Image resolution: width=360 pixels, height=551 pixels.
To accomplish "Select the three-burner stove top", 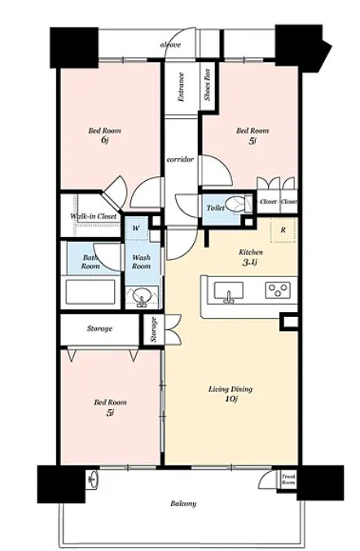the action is pyautogui.click(x=278, y=290).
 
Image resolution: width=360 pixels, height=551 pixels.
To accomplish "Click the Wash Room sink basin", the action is pyautogui.click(x=142, y=296).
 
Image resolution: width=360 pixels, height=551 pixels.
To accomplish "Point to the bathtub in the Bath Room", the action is pyautogui.click(x=90, y=292).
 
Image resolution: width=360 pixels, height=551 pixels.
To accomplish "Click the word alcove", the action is pyautogui.click(x=170, y=45).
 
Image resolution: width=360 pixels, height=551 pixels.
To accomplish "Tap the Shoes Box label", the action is pyautogui.click(x=207, y=84).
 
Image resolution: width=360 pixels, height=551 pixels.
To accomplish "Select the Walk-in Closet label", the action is pyautogui.click(x=94, y=216).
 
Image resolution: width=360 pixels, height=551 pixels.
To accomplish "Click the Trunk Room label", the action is pyautogui.click(x=288, y=479).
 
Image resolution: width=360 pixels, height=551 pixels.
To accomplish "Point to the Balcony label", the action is pyautogui.click(x=183, y=504).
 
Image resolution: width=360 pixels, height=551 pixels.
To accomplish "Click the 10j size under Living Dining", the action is pyautogui.click(x=230, y=399).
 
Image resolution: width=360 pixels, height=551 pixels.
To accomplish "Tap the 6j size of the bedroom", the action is pyautogui.click(x=104, y=140).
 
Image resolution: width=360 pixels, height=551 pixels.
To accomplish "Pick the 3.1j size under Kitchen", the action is pyautogui.click(x=251, y=262).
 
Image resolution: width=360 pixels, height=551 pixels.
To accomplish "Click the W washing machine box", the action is pyautogui.click(x=137, y=228).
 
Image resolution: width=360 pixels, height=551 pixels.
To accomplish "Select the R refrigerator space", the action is pyautogui.click(x=283, y=230).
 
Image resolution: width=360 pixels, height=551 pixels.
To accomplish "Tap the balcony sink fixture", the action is pyautogui.click(x=94, y=478).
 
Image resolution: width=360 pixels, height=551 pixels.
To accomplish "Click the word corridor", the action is pyautogui.click(x=180, y=160).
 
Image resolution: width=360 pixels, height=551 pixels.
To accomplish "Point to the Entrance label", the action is pyautogui.click(x=182, y=87).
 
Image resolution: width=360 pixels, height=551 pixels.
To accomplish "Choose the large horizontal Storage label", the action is pyautogui.click(x=99, y=329).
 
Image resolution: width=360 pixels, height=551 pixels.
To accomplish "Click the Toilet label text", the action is pyautogui.click(x=215, y=208).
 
